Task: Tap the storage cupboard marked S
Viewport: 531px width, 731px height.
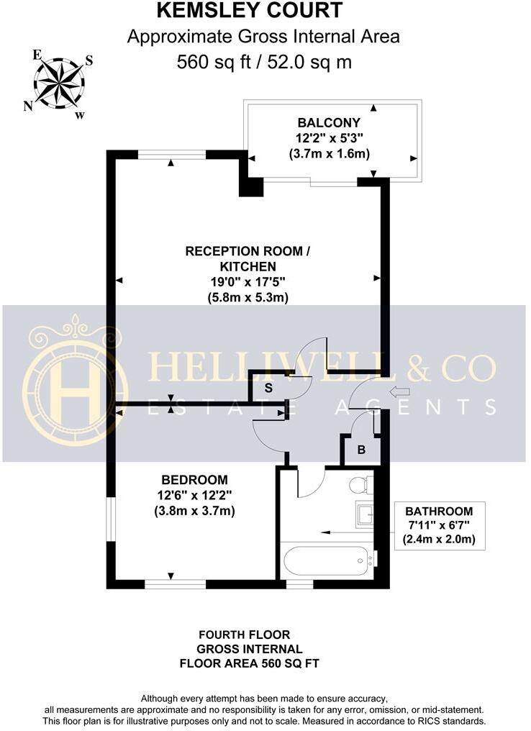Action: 268,388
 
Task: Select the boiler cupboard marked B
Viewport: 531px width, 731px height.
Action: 361,451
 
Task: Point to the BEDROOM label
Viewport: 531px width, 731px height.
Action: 194,480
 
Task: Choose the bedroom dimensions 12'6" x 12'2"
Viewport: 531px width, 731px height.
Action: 194,496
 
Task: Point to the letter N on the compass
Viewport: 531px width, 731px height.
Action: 28,106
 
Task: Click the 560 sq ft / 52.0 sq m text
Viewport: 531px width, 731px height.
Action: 264,62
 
